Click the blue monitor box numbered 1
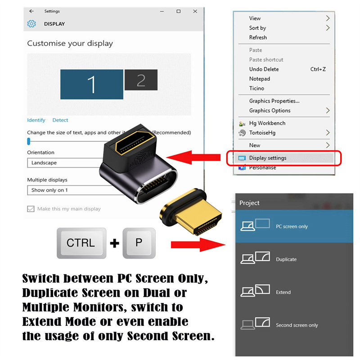(x=92, y=84)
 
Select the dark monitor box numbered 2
(x=141, y=80)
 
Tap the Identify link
(x=36, y=120)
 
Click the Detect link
(x=60, y=120)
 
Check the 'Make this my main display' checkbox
(x=31, y=209)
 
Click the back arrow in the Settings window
(x=31, y=11)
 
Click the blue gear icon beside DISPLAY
(x=31, y=24)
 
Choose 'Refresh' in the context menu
(x=258, y=37)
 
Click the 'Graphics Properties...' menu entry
(x=274, y=101)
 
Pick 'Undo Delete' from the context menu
(x=264, y=69)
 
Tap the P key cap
(x=139, y=243)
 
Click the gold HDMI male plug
(x=191, y=212)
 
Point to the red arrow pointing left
(x=193, y=157)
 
